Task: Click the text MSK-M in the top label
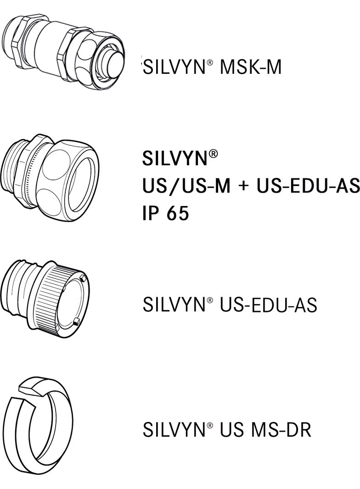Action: coord(251,68)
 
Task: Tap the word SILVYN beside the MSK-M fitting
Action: coord(174,68)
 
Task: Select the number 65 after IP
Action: coord(177,213)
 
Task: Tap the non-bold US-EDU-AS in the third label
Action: coord(269,305)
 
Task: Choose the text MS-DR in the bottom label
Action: coord(281,430)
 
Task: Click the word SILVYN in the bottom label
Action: coord(174,430)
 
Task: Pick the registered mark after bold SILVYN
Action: coord(213,154)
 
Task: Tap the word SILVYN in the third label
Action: coord(174,305)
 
